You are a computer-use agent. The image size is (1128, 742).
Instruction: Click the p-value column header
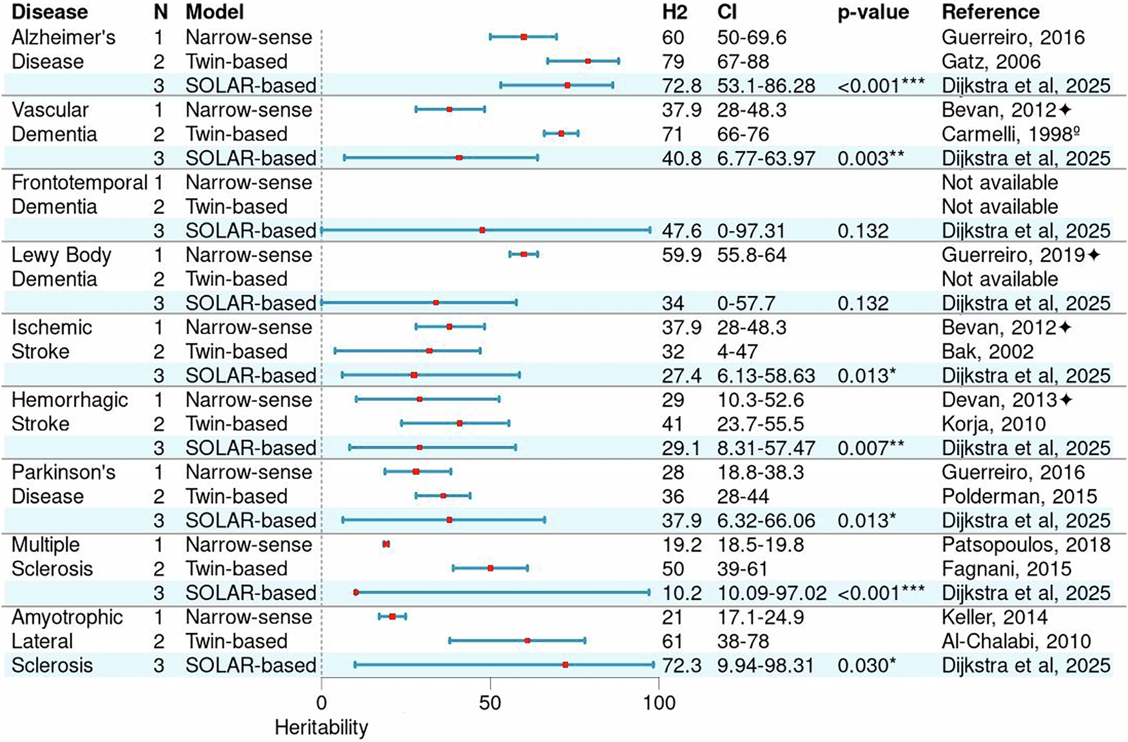[x=873, y=12]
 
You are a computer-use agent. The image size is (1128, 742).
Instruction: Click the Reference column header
[x=991, y=12]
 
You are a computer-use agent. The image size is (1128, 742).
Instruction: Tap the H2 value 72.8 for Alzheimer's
[x=681, y=85]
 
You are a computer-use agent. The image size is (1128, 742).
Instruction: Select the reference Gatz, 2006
[x=991, y=61]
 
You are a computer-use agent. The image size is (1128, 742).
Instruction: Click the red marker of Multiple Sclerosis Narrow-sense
[x=386, y=544]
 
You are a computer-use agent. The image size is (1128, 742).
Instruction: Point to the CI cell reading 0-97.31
[x=753, y=230]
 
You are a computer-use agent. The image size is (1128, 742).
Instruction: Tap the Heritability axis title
[x=321, y=727]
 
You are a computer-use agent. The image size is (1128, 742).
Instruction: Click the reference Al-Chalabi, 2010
[x=1016, y=641]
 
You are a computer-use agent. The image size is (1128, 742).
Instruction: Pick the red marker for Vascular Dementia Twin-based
[x=561, y=134]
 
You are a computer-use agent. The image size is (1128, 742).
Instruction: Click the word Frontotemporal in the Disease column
[x=79, y=183]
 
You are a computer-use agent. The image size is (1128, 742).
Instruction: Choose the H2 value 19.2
[x=681, y=545]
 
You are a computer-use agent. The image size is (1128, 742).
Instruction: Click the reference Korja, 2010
[x=993, y=424]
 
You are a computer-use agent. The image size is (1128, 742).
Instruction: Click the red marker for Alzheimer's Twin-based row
[x=588, y=61]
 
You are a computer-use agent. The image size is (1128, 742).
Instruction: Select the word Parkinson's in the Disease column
[x=63, y=472]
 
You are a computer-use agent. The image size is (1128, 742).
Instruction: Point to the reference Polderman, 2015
[x=1019, y=496]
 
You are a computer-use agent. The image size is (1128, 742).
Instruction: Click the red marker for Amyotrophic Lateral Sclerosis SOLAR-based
[x=565, y=665]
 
